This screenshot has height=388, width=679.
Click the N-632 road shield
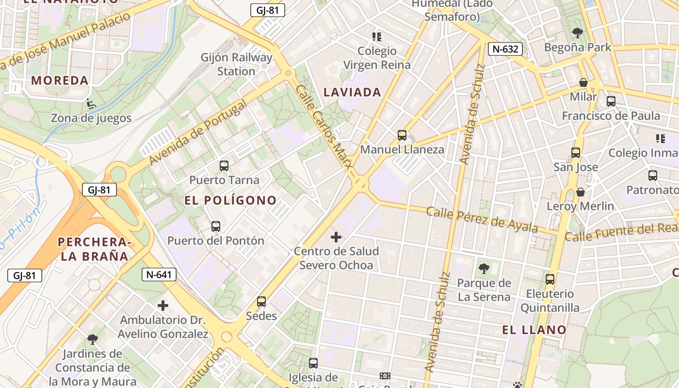click(x=505, y=48)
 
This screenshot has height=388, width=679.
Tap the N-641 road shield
click(x=159, y=275)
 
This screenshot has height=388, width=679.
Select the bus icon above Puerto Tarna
click(x=224, y=166)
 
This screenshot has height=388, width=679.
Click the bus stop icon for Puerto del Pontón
click(x=216, y=226)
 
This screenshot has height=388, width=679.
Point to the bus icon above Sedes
click(x=261, y=302)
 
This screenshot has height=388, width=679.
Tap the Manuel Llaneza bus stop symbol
click(x=402, y=135)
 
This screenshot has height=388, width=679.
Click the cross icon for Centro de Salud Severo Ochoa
click(x=336, y=237)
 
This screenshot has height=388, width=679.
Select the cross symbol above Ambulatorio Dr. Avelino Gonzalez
click(x=163, y=306)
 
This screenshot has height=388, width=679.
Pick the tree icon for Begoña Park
click(x=577, y=33)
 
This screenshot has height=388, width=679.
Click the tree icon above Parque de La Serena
click(x=484, y=268)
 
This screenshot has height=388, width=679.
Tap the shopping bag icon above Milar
click(x=583, y=82)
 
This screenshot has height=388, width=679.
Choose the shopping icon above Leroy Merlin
click(x=580, y=192)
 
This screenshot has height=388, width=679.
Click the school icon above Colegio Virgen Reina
click(x=376, y=36)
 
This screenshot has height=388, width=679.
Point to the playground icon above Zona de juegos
click(x=90, y=103)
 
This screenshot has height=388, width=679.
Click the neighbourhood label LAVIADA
click(x=352, y=92)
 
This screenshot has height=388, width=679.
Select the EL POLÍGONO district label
click(x=230, y=200)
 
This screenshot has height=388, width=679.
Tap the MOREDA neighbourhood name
click(x=60, y=81)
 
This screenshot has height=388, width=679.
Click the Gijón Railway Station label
click(x=237, y=65)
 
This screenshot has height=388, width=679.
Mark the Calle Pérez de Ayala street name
click(x=482, y=220)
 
